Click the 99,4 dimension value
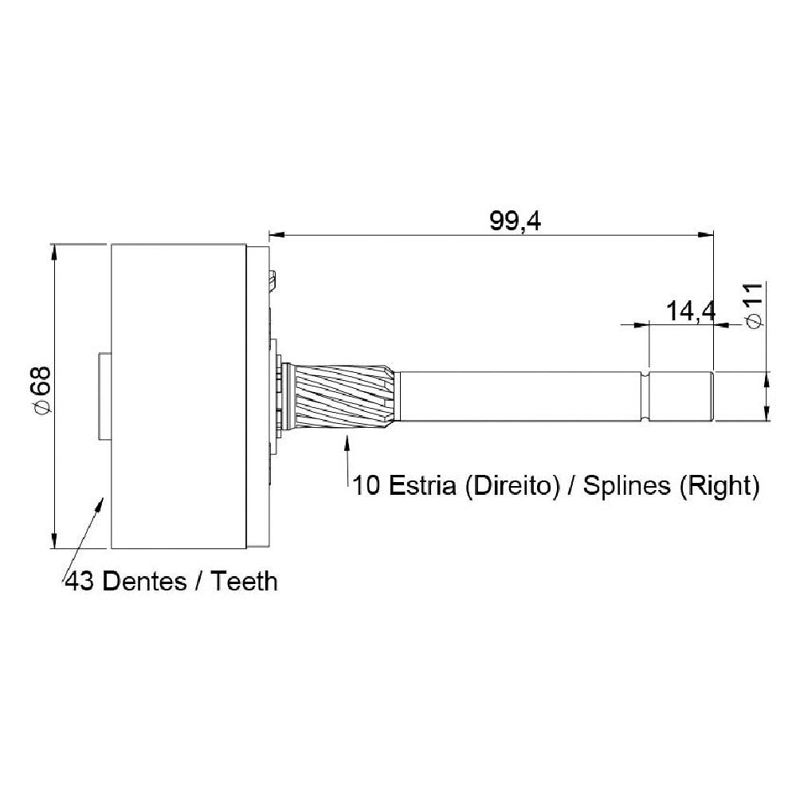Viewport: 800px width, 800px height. point(515,221)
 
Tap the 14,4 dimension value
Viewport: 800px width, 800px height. point(692,311)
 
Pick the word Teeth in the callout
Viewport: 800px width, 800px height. point(245,581)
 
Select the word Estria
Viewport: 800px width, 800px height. point(423,485)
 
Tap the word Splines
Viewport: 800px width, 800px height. point(627,486)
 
